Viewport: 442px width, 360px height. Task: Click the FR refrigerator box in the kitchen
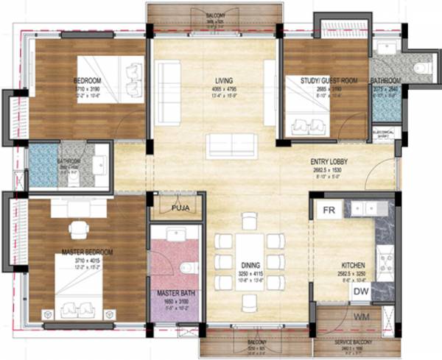(x=328, y=210)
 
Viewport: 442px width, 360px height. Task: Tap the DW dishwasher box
(x=359, y=292)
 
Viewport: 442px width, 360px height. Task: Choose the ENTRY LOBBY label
(x=329, y=161)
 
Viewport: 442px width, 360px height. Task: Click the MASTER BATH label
(x=174, y=292)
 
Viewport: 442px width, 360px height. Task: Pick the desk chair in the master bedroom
(x=77, y=230)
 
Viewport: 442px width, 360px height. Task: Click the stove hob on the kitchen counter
(x=384, y=260)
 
